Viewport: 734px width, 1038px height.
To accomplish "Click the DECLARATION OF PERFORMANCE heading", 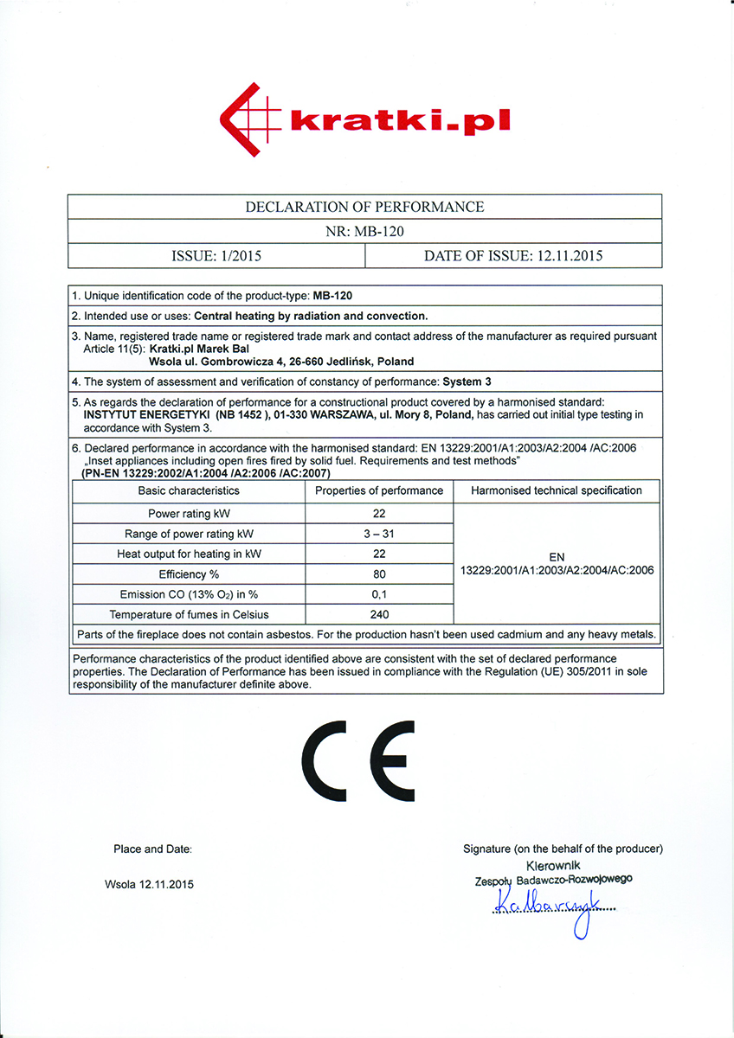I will pos(364,207).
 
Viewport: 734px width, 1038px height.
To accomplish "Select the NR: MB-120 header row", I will pos(364,231).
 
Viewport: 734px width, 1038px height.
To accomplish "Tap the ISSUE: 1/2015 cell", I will pos(217,255).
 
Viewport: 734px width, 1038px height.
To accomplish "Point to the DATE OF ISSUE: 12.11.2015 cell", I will pos(513,255).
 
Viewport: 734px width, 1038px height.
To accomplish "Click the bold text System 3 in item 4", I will pos(467,381).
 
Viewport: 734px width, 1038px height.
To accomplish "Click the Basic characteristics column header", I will pos(189,490).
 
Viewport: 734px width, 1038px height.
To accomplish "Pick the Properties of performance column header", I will pos(379,490).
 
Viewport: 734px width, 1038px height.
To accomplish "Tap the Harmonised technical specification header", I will pos(557,490).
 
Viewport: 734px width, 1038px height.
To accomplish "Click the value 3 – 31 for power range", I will pos(379,534).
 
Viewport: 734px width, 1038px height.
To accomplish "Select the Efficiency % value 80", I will pos(379,574).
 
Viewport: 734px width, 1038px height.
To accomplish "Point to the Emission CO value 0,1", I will pos(379,594).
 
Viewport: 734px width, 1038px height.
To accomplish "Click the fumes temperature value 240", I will pos(379,615).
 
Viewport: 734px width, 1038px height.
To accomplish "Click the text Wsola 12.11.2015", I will pos(149,884).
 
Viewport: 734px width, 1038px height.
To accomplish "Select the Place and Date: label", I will pos(152,849).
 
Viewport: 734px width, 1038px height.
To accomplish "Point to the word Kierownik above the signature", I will pos(553,865).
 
